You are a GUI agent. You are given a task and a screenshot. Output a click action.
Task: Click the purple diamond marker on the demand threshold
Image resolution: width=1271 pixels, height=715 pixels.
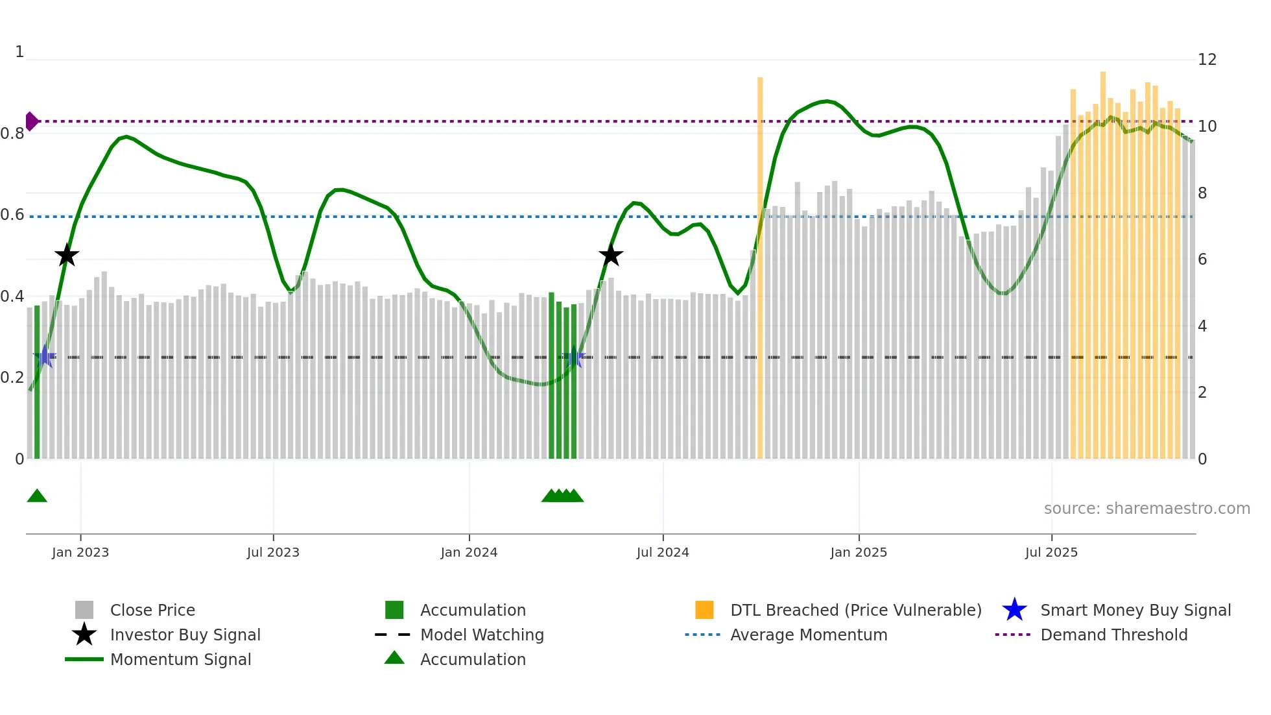pyautogui.click(x=31, y=121)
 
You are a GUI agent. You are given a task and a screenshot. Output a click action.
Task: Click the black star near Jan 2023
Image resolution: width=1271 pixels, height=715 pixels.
pyautogui.click(x=67, y=256)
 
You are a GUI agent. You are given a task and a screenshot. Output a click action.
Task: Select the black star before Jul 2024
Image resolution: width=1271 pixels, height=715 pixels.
pyautogui.click(x=610, y=256)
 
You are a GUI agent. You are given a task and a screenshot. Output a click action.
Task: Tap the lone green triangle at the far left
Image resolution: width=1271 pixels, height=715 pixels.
pyautogui.click(x=37, y=496)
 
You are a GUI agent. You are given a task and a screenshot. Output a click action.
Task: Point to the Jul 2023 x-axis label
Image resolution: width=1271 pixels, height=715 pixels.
pyautogui.click(x=273, y=553)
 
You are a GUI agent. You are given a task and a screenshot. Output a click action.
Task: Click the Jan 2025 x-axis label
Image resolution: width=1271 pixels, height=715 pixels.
pyautogui.click(x=859, y=553)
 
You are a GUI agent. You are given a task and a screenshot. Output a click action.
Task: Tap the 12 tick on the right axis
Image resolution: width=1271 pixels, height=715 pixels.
pyautogui.click(x=1207, y=60)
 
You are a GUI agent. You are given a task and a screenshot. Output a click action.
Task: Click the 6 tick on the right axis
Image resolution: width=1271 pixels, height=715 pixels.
pyautogui.click(x=1202, y=260)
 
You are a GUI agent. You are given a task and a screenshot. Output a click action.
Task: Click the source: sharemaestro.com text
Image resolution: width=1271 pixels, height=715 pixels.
pyautogui.click(x=1146, y=509)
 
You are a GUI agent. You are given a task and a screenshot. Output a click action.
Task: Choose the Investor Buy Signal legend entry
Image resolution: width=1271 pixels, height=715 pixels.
pyautogui.click(x=185, y=635)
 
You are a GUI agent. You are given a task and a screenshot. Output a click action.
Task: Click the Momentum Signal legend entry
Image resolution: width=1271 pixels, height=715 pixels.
pyautogui.click(x=180, y=659)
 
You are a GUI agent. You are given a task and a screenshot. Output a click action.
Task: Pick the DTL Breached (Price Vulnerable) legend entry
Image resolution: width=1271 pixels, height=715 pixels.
pyautogui.click(x=855, y=610)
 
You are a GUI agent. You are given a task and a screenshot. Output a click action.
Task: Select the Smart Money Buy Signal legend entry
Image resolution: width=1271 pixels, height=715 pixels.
pyautogui.click(x=1135, y=610)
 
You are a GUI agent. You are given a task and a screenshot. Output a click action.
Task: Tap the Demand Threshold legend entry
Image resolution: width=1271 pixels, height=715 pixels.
pyautogui.click(x=1113, y=635)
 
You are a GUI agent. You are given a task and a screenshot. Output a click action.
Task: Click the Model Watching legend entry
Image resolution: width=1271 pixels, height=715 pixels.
pyautogui.click(x=481, y=635)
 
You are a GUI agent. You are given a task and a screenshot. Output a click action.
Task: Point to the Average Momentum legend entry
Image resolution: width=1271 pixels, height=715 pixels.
pyautogui.click(x=808, y=635)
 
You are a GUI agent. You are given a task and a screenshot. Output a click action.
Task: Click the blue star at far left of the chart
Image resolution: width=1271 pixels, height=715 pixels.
pyautogui.click(x=45, y=357)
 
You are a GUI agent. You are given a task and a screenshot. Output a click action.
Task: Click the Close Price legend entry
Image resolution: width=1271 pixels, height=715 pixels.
pyautogui.click(x=152, y=610)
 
